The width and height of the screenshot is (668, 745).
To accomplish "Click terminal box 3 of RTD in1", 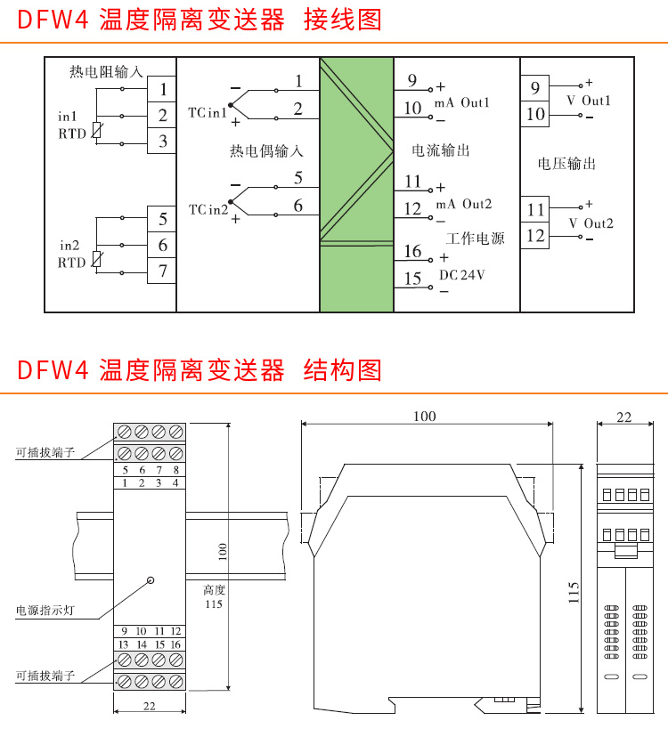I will click(x=162, y=141).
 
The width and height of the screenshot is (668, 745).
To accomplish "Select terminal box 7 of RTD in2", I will click(x=162, y=271).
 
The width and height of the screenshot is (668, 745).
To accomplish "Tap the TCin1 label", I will click(x=207, y=113).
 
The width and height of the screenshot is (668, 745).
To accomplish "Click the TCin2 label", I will click(x=208, y=209).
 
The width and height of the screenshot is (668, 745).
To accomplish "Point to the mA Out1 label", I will click(x=462, y=103).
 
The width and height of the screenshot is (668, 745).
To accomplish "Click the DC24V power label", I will click(x=462, y=275).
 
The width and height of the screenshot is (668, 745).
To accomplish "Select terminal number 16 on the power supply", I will click(x=412, y=252).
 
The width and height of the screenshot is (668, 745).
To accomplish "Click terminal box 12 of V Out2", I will click(x=535, y=236).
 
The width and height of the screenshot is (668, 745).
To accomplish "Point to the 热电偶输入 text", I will click(x=266, y=152).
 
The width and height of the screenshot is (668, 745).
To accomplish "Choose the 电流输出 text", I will click(x=440, y=150).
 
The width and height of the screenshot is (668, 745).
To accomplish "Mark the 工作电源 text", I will click(x=476, y=239).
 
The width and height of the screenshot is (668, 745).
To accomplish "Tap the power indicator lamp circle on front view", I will click(x=150, y=580).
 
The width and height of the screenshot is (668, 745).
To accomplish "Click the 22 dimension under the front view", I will click(x=149, y=706).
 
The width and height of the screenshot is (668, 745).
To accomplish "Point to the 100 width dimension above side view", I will click(x=425, y=416).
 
